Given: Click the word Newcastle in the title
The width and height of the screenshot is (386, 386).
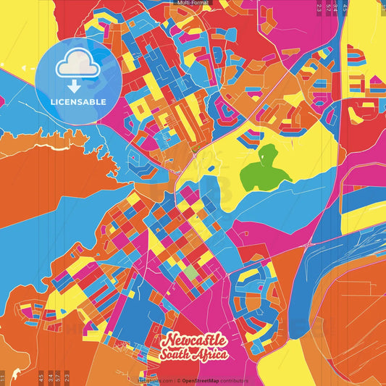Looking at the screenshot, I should click(x=195, y=340).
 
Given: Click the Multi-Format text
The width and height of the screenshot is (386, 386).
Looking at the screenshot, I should click(x=193, y=3).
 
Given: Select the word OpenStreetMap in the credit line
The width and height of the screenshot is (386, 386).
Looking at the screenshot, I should click(x=201, y=380).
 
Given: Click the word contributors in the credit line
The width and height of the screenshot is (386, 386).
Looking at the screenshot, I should click(x=234, y=380).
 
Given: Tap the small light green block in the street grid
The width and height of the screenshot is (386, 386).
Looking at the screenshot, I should click(x=190, y=272).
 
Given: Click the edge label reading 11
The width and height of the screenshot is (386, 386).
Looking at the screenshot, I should click(x=4, y=377).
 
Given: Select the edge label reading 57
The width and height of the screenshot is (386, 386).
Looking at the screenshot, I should click(x=57, y=377).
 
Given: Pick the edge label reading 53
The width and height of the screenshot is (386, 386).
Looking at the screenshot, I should click(x=327, y=7).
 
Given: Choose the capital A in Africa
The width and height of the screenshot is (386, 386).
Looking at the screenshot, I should click(x=201, y=354).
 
